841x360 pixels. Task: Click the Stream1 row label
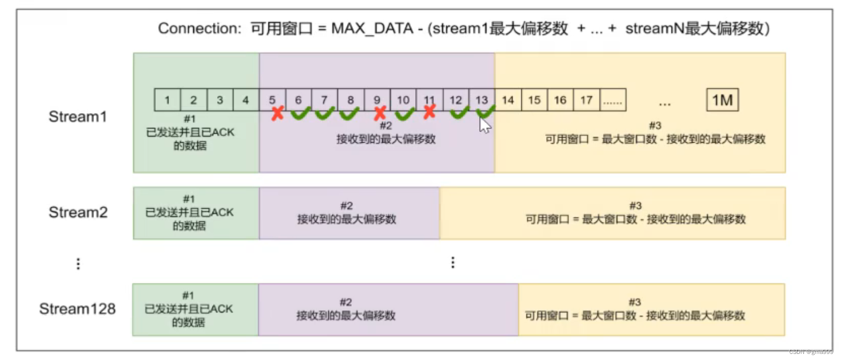(78, 117)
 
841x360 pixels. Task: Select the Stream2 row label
(78, 212)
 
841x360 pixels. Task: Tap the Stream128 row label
(77, 309)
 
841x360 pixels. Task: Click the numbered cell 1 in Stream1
(167, 100)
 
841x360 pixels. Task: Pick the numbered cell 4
(246, 100)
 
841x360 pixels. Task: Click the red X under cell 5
(277, 113)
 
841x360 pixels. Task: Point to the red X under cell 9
(380, 113)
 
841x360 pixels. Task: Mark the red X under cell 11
(429, 111)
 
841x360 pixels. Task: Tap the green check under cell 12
(459, 113)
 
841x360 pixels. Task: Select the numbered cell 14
(508, 100)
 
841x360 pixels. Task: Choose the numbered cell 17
(587, 100)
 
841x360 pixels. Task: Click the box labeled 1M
(722, 100)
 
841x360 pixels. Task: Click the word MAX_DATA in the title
(372, 28)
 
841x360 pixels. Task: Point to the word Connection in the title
(199, 28)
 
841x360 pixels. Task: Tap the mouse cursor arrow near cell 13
(485, 124)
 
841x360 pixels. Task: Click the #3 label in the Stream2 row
(635, 206)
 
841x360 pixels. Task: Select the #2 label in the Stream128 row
(346, 302)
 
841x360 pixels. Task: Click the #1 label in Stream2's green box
(189, 199)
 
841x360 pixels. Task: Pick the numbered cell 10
(403, 100)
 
